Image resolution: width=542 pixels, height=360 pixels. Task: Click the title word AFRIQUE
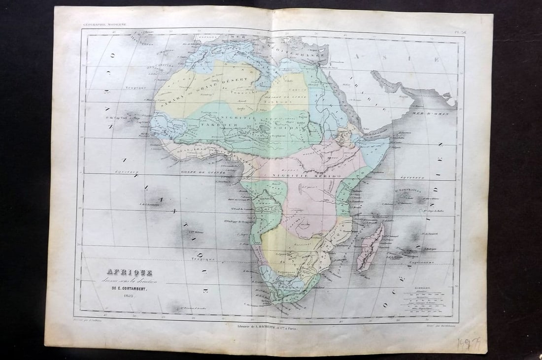[129, 272]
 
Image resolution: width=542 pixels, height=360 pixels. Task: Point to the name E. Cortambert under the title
[129, 288]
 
